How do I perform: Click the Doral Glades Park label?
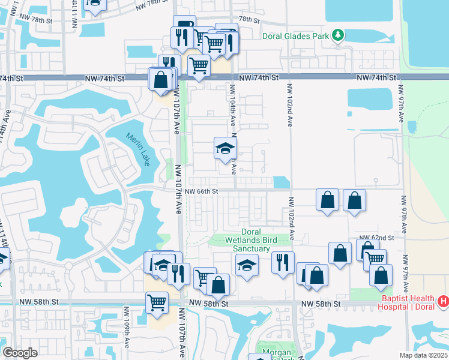(296, 36)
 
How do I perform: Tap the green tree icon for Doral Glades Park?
(339, 35)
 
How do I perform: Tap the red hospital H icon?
(443, 300)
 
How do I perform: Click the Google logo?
(20, 353)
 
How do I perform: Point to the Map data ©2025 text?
(424, 355)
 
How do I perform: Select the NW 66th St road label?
(200, 191)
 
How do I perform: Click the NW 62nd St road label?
(376, 238)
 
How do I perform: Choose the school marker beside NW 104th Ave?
(226, 149)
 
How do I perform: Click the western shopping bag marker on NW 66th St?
(328, 200)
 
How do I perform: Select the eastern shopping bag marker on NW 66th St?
(355, 200)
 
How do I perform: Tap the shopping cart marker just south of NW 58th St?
(157, 302)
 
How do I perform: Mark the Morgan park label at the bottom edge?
(277, 353)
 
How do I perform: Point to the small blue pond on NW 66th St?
(280, 182)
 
